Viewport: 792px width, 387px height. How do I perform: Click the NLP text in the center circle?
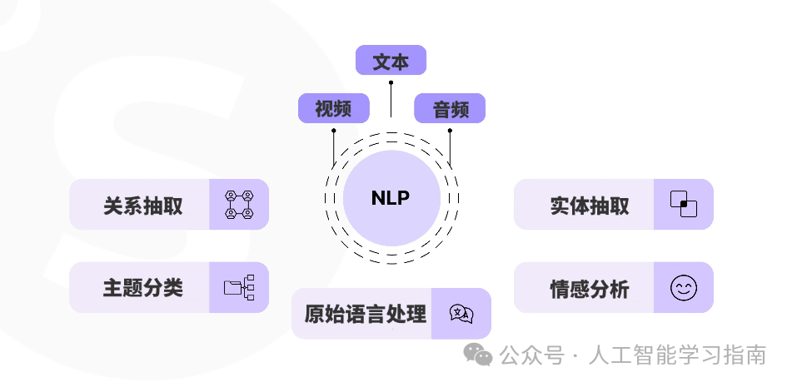[x=391, y=198]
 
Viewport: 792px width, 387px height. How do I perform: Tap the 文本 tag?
[x=391, y=61]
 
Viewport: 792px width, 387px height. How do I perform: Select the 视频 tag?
[x=333, y=108]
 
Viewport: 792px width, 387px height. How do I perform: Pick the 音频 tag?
[x=450, y=108]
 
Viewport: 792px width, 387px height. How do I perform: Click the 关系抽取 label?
[x=142, y=205]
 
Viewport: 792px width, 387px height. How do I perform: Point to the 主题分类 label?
[x=142, y=288]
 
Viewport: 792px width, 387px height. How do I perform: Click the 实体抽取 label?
[x=589, y=205]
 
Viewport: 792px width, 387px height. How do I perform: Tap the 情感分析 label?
[x=589, y=289]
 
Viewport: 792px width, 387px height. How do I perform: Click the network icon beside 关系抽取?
[x=239, y=205]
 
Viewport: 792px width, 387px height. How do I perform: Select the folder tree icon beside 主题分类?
[x=239, y=288]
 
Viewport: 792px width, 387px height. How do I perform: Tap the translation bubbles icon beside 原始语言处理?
[x=461, y=314]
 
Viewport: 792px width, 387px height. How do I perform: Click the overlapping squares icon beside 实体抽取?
[x=684, y=204]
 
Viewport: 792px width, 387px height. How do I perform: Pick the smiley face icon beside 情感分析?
[x=684, y=288]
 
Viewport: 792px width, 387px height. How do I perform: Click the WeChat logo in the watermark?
[x=478, y=355]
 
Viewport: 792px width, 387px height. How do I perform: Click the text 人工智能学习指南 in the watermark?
[x=676, y=356]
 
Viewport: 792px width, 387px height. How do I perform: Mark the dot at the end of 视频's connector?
[x=333, y=131]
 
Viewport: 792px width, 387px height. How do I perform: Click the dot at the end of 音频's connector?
[x=450, y=131]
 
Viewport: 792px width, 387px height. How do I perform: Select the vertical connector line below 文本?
[x=391, y=97]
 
